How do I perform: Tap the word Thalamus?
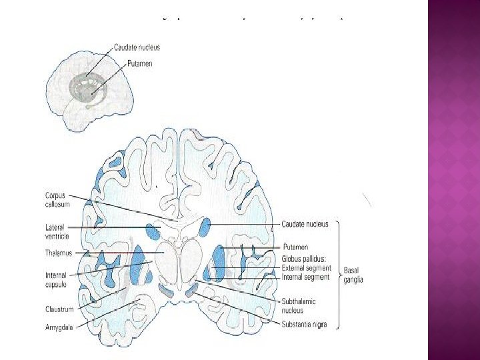[x=59, y=253]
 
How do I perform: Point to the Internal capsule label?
[x=55, y=279]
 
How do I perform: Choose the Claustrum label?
[x=59, y=309]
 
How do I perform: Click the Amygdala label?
[x=59, y=327]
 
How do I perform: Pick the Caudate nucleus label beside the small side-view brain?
[x=137, y=47]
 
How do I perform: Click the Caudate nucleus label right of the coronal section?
[x=305, y=225]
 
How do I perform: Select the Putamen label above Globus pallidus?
[x=295, y=247]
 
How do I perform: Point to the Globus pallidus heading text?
[x=305, y=259]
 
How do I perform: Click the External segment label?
[x=306, y=268]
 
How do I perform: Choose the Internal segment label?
[x=305, y=277]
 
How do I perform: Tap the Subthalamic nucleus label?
[x=291, y=305]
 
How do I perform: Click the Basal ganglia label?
[x=353, y=275]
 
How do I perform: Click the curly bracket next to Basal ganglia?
[x=337, y=275]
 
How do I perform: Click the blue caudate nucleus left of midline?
[x=152, y=232]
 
